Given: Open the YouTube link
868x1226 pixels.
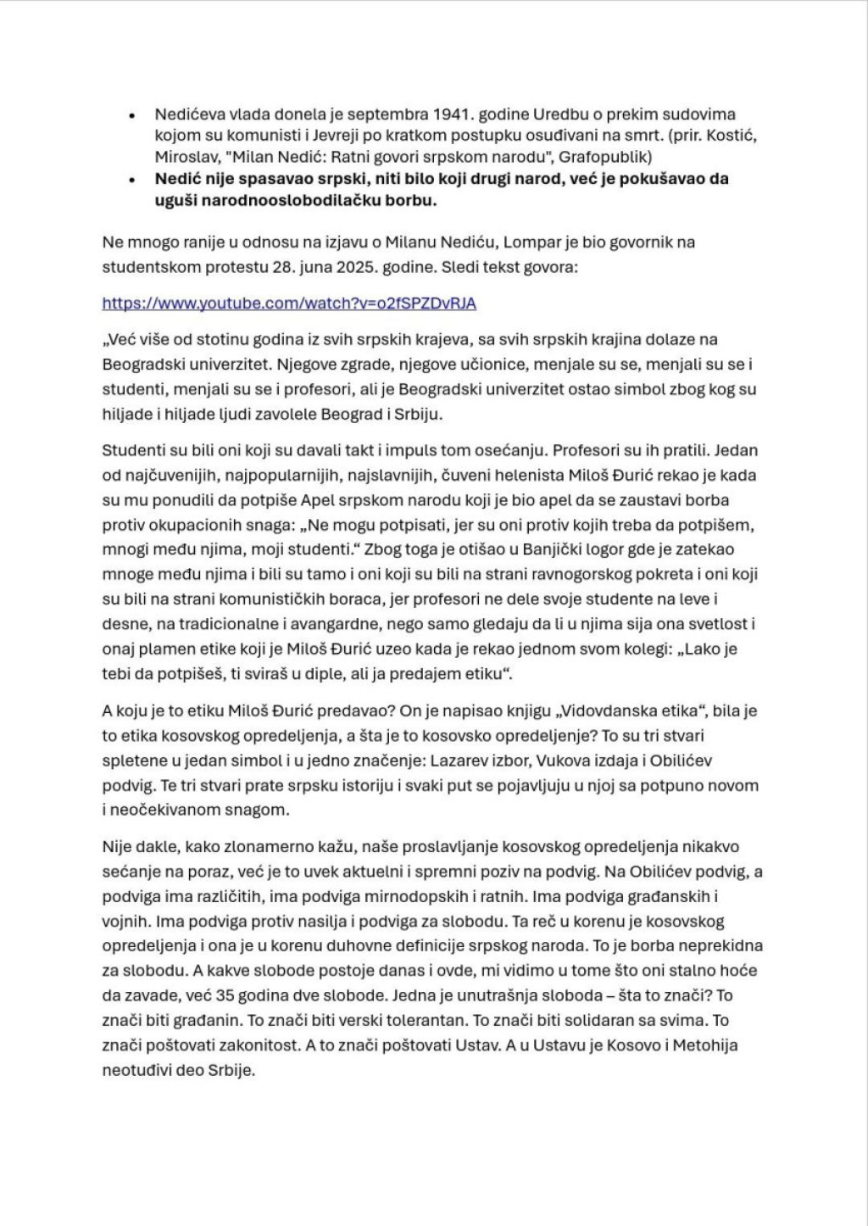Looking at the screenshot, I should (x=289, y=303).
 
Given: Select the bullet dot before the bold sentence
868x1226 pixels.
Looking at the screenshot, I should (x=131, y=180).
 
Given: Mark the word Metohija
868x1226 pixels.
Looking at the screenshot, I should (x=706, y=1045).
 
